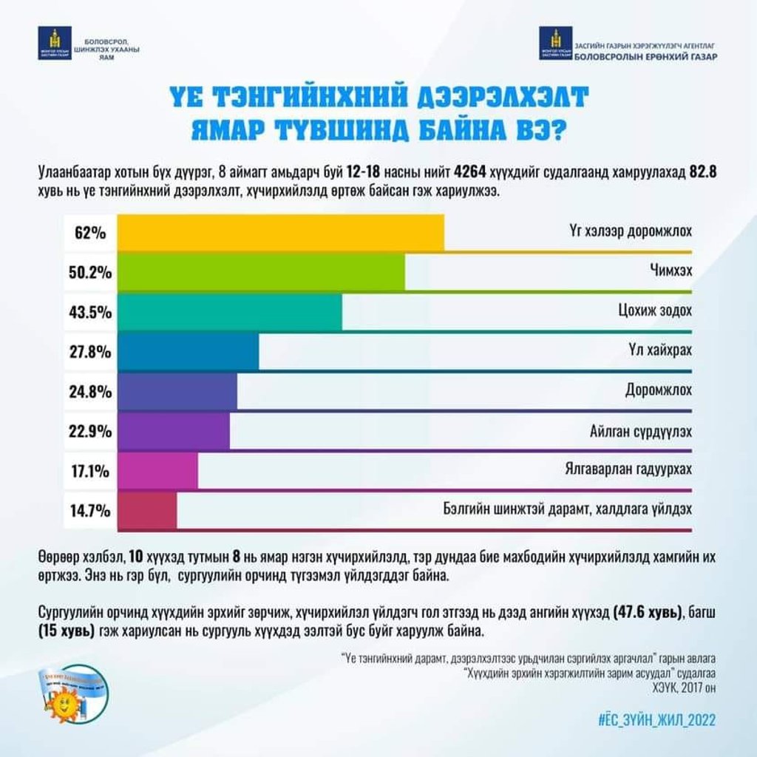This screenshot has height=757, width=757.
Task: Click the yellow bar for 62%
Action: tap(281, 232)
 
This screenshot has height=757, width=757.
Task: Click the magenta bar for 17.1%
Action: tap(157, 470)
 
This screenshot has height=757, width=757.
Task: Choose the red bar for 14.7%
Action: tap(147, 510)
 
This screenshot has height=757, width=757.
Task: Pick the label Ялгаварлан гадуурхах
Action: tap(625, 470)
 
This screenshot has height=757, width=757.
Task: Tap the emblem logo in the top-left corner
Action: tap(54, 44)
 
